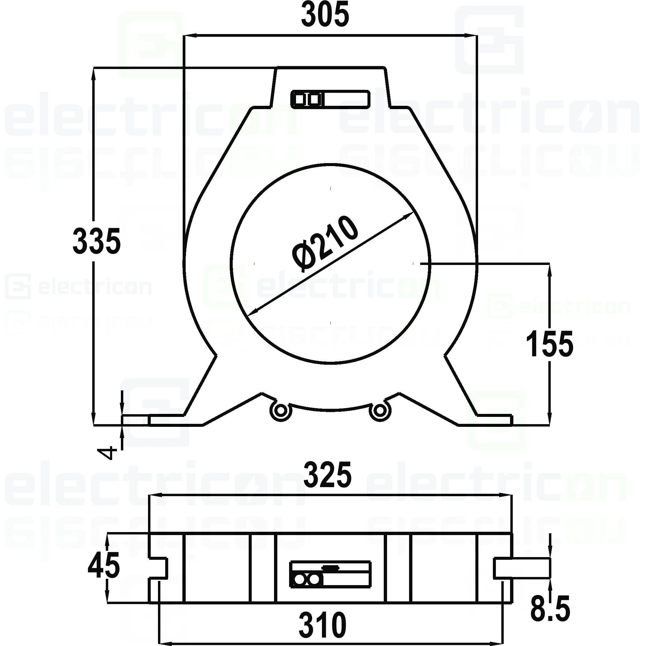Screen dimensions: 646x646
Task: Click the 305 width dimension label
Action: tap(325, 15)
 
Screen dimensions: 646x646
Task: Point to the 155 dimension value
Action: tap(549, 344)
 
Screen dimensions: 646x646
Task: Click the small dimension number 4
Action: tap(107, 453)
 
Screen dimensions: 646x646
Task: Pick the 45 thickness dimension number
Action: tap(103, 566)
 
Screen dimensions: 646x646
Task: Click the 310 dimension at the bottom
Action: tap(322, 625)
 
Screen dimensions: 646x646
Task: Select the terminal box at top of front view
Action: tap(330, 99)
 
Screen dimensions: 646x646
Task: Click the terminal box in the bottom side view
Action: tap(330, 574)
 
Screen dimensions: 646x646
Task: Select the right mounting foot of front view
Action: tap(494, 420)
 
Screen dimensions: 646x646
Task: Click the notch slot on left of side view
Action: tap(158, 568)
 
